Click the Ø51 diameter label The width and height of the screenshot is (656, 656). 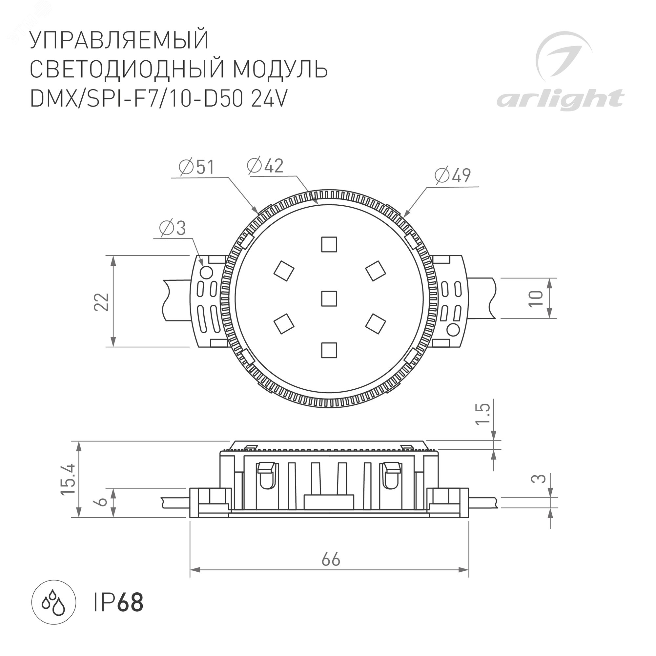point(196,167)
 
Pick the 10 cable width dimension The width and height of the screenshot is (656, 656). point(536,298)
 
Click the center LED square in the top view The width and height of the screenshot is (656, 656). point(329,298)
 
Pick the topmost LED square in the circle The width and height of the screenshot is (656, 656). point(329,244)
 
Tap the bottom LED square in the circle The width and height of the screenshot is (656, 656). point(329,350)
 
